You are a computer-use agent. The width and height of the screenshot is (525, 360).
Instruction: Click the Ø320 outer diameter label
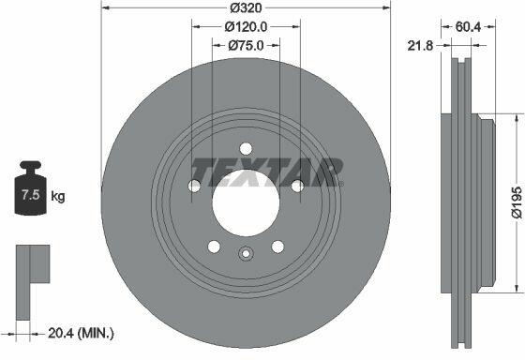click(246, 7)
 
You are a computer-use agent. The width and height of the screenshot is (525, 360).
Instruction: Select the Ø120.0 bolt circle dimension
click(246, 27)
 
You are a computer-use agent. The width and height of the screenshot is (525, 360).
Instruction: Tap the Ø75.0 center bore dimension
click(246, 45)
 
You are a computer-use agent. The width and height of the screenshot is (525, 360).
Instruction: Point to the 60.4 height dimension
click(468, 27)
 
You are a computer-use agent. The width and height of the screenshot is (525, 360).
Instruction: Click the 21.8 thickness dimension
click(420, 46)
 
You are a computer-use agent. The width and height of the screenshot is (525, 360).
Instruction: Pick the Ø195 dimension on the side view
click(517, 202)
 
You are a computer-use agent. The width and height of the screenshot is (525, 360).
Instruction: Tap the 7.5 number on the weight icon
click(31, 195)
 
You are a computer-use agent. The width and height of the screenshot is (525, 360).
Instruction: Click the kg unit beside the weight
click(58, 196)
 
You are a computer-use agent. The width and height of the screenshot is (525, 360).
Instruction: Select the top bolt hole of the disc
click(246, 149)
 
